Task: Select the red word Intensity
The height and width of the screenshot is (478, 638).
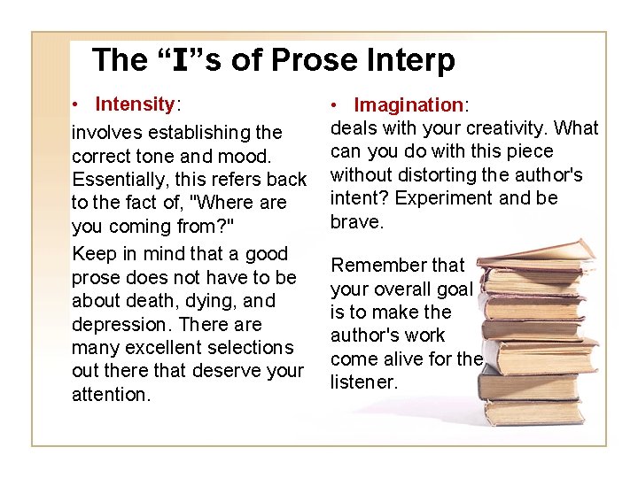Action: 136,104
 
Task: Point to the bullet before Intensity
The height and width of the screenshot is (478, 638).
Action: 78,105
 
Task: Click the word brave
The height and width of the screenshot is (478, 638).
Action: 356,221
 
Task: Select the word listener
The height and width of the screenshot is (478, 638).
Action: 363,382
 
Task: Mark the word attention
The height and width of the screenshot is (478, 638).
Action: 112,394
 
